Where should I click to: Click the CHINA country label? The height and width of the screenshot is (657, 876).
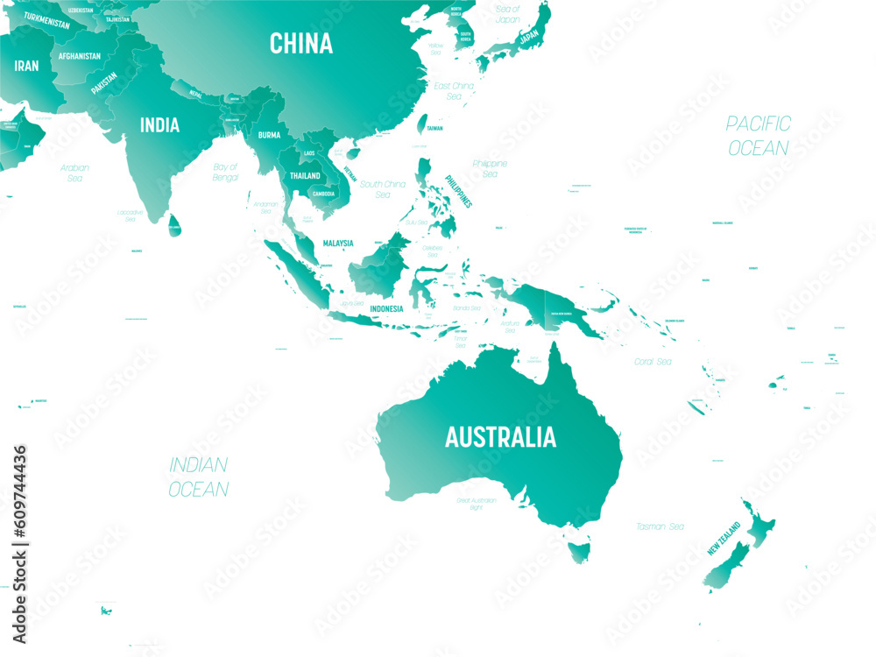click(x=301, y=43)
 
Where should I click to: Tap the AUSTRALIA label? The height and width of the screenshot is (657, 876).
click(x=500, y=436)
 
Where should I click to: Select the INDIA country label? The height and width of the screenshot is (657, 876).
click(x=159, y=125)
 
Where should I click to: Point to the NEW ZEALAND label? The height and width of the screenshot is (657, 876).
click(x=724, y=539)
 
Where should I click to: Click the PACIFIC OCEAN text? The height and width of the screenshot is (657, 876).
click(x=758, y=136)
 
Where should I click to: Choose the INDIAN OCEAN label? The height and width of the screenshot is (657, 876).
click(x=199, y=477)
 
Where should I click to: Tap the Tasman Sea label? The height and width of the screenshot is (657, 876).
click(x=661, y=526)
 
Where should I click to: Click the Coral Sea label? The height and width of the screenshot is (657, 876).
click(x=653, y=361)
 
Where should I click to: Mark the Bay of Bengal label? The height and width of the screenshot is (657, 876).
click(x=225, y=172)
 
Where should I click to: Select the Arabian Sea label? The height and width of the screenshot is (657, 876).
click(x=74, y=173)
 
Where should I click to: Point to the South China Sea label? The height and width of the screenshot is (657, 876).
click(x=383, y=189)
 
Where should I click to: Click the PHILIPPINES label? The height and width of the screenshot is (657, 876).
click(x=458, y=190)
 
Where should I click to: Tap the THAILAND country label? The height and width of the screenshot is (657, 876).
click(x=306, y=175)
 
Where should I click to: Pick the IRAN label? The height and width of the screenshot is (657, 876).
click(x=25, y=66)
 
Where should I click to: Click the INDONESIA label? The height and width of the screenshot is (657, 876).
click(x=386, y=308)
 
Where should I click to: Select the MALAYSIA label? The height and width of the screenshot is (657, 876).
click(x=337, y=243)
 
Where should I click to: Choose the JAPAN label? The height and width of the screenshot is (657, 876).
click(x=528, y=38)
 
